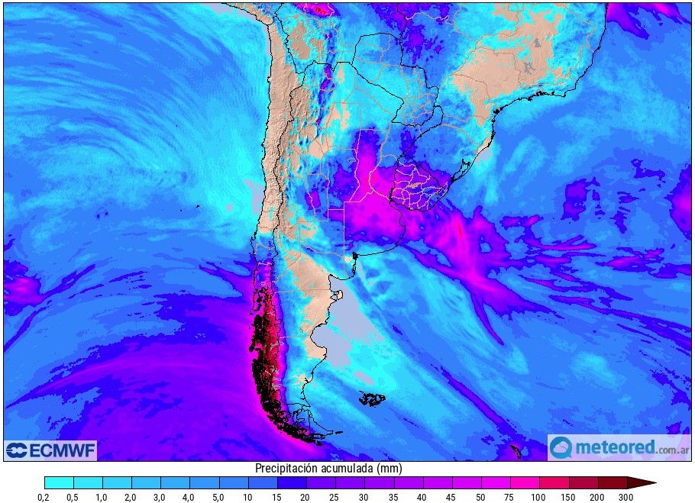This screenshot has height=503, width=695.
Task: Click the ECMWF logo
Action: (50, 450)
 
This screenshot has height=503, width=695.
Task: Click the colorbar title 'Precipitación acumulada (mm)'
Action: (328, 468)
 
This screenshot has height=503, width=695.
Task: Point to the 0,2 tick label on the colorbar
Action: (44, 497)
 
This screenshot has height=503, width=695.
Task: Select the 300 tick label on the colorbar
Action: (626, 497)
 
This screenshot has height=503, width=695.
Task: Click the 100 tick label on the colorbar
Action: (539, 497)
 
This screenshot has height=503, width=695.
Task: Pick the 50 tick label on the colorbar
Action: (481, 497)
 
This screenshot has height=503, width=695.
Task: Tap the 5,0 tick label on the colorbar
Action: (219, 497)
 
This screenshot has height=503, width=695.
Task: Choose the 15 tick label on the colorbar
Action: (277, 497)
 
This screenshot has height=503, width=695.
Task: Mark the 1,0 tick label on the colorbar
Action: (102, 497)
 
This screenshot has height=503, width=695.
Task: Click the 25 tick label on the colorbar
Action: (335, 497)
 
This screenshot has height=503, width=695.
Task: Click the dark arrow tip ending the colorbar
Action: (645, 482)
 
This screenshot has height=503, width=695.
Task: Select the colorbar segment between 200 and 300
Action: (612, 482)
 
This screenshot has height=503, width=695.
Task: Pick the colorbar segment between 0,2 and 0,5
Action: (59, 482)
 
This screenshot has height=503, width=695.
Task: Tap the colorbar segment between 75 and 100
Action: (525, 482)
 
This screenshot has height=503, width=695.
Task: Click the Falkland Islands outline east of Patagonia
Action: (372, 398)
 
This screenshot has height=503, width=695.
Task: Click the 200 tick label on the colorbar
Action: (597, 497)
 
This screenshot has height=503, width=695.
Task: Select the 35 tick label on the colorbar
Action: (393, 497)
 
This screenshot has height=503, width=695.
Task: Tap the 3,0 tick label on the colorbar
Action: (160, 497)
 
